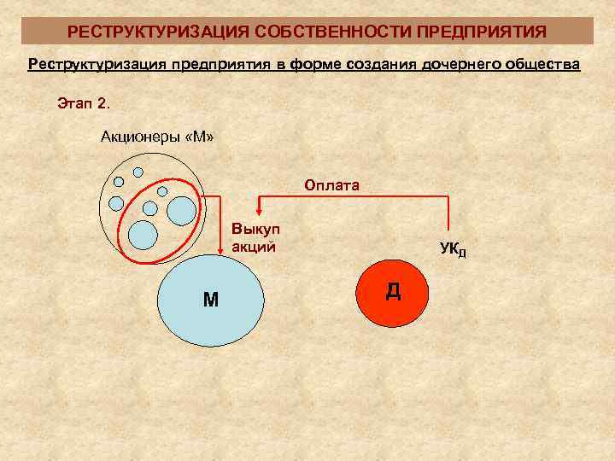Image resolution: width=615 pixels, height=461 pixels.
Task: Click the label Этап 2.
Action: tap(84, 103)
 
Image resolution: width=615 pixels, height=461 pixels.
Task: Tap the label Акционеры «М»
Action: tap(157, 136)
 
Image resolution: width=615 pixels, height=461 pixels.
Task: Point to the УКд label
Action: tap(453, 249)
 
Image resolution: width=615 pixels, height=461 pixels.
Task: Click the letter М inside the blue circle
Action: tap(210, 299)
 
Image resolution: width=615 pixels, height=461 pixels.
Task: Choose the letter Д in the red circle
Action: tap(393, 290)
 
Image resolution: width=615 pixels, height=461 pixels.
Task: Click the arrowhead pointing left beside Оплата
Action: tap(263, 200)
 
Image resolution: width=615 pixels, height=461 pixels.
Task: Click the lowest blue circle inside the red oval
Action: tap(143, 232)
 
